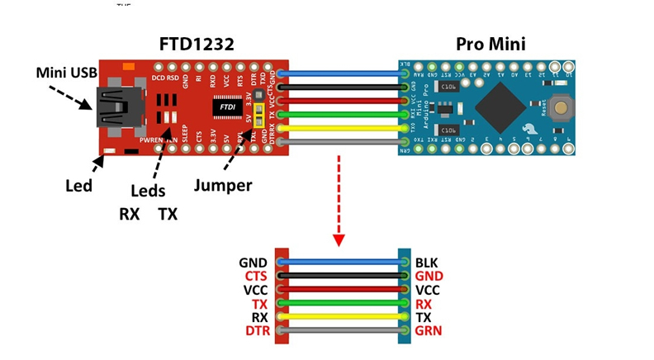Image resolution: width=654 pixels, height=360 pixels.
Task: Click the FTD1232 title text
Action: click(x=197, y=42)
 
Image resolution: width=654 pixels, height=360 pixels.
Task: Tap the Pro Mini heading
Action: click(x=492, y=42)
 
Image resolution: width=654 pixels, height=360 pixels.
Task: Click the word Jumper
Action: click(x=225, y=185)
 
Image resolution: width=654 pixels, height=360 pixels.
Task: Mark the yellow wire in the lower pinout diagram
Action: click(x=343, y=317)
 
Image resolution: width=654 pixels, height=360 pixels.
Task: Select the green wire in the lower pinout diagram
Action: click(x=343, y=304)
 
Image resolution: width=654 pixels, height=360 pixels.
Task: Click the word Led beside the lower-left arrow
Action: click(x=78, y=185)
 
